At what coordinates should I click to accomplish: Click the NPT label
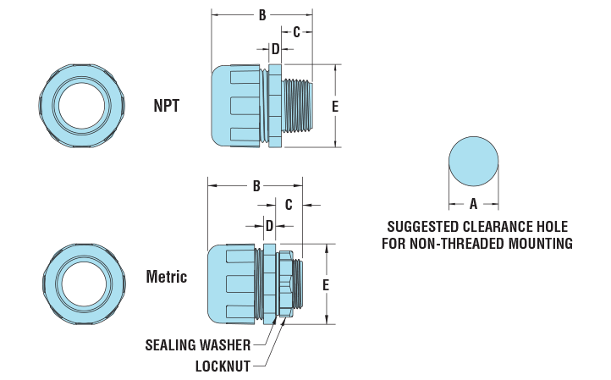(166, 106)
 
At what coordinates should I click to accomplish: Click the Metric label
(166, 277)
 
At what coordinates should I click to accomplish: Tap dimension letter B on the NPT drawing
(262, 15)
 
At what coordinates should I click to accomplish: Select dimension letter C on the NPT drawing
(297, 32)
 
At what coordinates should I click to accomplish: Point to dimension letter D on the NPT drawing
(275, 49)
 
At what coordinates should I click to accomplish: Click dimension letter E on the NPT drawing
(335, 106)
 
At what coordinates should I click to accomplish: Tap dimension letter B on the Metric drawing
(256, 186)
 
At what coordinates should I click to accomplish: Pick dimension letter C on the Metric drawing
(289, 205)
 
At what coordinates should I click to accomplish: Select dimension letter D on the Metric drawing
(269, 226)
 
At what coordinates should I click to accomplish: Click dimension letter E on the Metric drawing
(326, 284)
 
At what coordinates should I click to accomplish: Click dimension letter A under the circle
(473, 204)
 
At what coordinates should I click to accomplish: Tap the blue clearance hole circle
(473, 161)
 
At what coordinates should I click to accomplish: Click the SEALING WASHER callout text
(197, 344)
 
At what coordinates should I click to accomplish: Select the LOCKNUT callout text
(222, 366)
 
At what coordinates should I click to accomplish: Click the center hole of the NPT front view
(82, 105)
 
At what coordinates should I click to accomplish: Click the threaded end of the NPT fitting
(301, 106)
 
